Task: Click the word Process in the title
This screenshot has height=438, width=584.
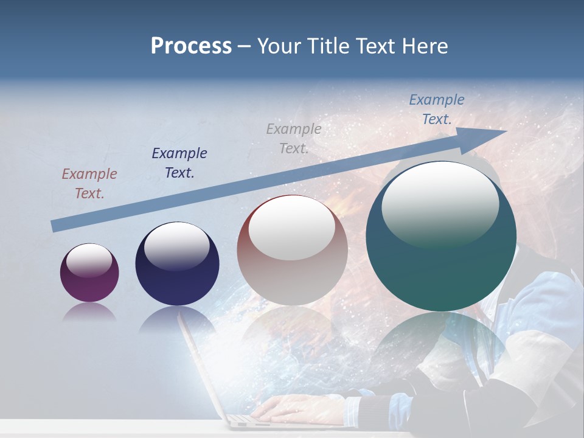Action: coord(191,46)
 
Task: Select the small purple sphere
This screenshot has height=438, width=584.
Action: coord(89,273)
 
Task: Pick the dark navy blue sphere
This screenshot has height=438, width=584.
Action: coord(177,264)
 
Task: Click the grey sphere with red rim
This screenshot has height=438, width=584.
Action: coord(292,250)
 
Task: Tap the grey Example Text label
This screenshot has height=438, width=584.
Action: coord(294,139)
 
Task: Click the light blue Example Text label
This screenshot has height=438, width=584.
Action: coord(436,109)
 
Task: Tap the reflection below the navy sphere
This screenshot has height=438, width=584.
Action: coord(176,319)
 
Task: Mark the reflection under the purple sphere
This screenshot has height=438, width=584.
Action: coord(89,312)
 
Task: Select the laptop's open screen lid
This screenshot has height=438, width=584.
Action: coord(201,365)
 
